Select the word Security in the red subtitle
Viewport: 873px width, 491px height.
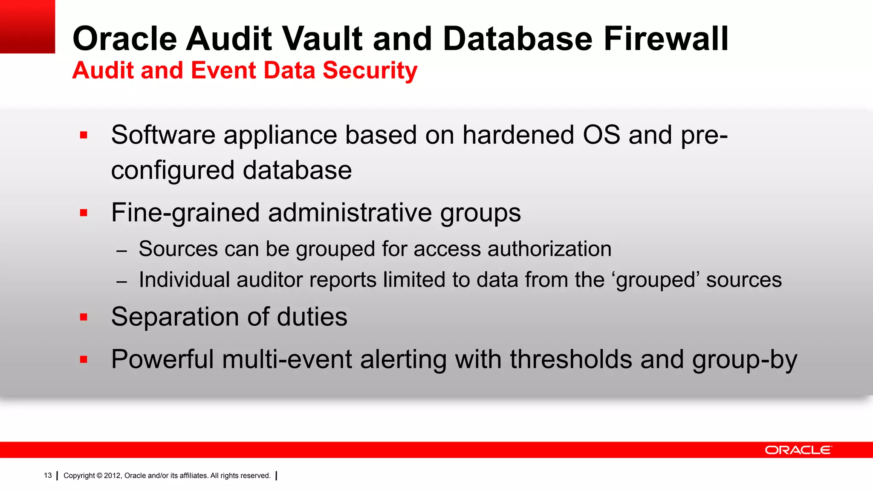click(x=370, y=70)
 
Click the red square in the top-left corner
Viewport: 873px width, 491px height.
click(x=27, y=26)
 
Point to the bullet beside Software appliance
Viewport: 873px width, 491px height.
click(x=84, y=136)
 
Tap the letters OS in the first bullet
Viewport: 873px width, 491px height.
click(x=601, y=135)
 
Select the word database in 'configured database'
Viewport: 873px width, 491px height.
click(x=297, y=170)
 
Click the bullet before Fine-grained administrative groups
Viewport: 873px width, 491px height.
click(x=84, y=213)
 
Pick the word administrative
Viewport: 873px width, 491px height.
click(x=350, y=213)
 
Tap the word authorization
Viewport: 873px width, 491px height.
click(x=549, y=249)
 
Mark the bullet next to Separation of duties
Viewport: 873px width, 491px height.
click(x=84, y=317)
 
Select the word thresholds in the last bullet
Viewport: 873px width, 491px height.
click(x=571, y=359)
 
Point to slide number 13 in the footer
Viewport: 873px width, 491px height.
click(x=48, y=476)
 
